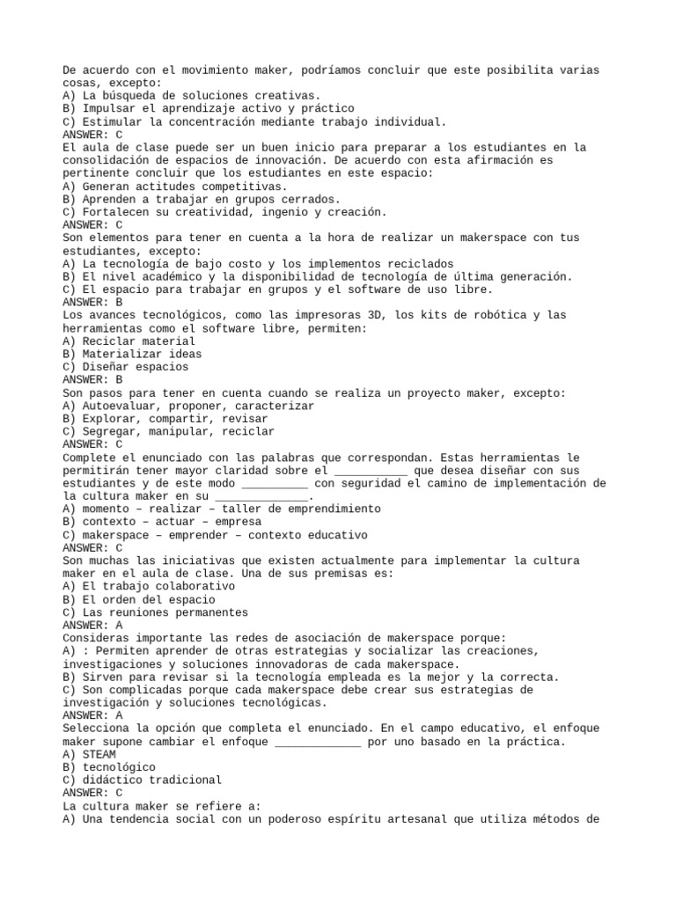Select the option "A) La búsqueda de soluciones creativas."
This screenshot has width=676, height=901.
click(192, 96)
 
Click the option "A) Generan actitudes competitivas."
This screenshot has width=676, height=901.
click(175, 187)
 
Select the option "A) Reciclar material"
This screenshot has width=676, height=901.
click(129, 341)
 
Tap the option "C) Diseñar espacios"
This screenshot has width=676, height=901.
click(126, 367)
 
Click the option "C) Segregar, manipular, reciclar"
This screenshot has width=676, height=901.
click(169, 431)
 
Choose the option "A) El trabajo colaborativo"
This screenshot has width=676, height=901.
click(149, 586)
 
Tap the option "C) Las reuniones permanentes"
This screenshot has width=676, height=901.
click(156, 612)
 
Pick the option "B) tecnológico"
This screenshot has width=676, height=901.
click(109, 766)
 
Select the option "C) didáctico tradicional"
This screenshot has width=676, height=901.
click(143, 780)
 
